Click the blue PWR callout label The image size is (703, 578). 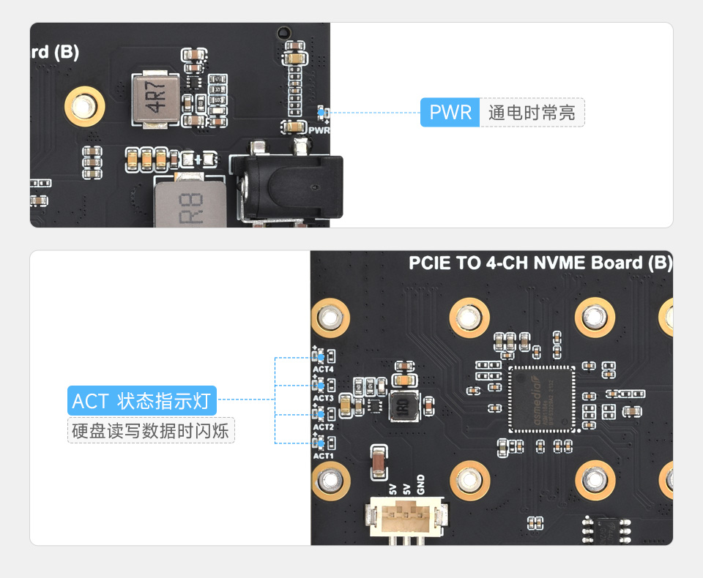(450, 113)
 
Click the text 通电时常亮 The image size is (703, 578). (532, 113)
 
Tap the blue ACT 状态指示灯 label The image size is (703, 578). (142, 401)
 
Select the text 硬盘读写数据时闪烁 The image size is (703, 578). (151, 430)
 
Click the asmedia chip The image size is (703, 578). (541, 398)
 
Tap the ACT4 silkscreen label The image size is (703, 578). (323, 369)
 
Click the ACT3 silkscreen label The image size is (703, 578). (323, 398)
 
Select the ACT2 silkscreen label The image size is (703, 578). (323, 427)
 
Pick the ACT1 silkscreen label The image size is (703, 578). (323, 455)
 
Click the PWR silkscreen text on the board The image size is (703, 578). (319, 130)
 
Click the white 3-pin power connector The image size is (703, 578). (404, 516)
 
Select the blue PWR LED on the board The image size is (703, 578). (320, 112)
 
